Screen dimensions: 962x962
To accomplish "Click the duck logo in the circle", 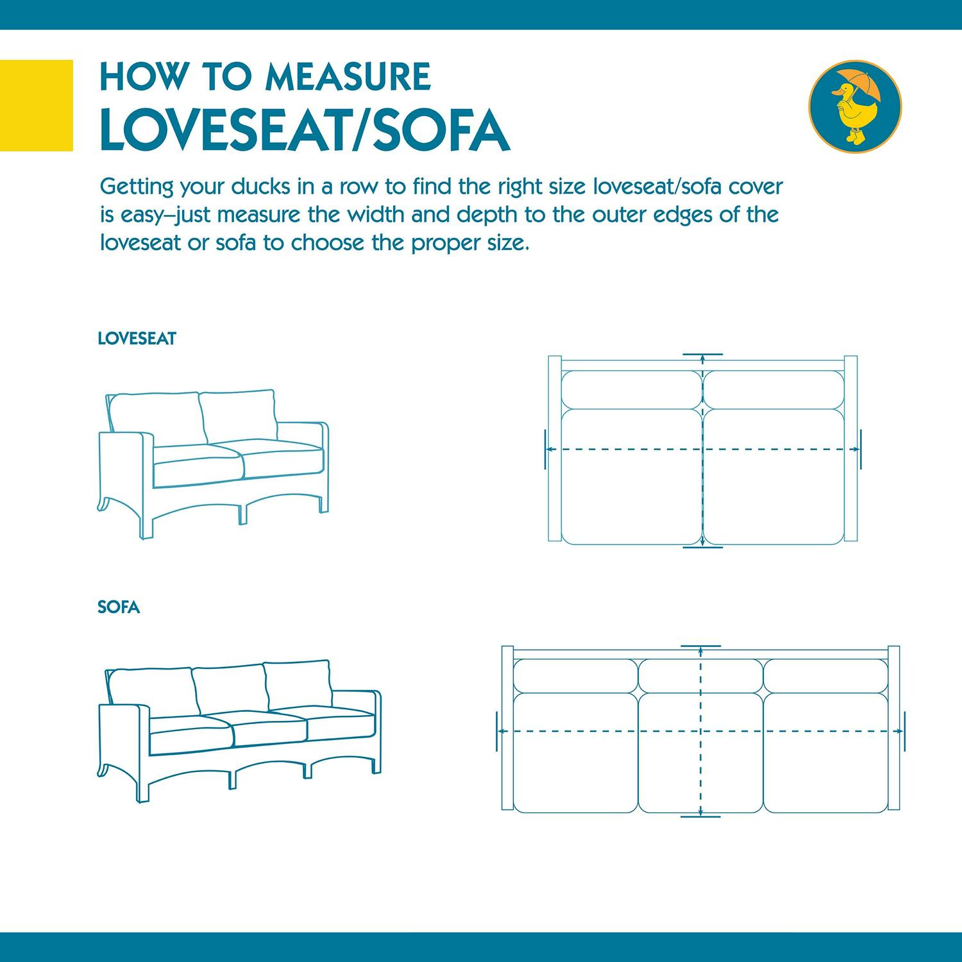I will [855, 105].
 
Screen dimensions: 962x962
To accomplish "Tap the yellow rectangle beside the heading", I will [36, 105].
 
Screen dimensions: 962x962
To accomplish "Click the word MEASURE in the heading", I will [348, 77].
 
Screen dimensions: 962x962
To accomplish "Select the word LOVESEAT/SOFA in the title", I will [305, 130].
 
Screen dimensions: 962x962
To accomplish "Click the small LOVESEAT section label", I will [137, 339].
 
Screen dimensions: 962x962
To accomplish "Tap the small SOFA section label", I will [119, 607].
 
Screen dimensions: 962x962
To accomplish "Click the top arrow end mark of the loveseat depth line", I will [703, 355].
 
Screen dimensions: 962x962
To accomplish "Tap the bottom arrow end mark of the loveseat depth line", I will [703, 547].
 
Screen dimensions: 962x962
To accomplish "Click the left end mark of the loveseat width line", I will [544, 449].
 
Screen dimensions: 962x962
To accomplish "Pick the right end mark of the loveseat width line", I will [861, 449].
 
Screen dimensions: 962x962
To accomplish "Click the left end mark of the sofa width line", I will [498, 730].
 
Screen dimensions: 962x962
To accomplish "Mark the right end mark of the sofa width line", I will [904, 730].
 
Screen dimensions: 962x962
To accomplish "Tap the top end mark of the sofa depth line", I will [701, 646].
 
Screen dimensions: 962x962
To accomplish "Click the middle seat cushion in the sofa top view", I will [700, 754].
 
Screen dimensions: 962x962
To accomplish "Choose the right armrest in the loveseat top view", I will [850, 449].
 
